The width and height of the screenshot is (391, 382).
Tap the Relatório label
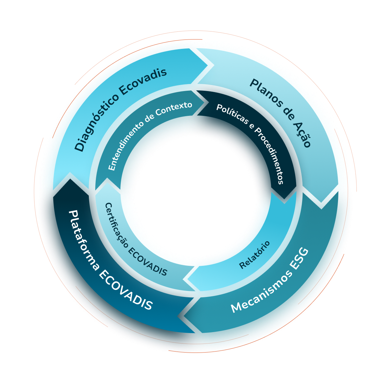(x=255, y=255)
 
